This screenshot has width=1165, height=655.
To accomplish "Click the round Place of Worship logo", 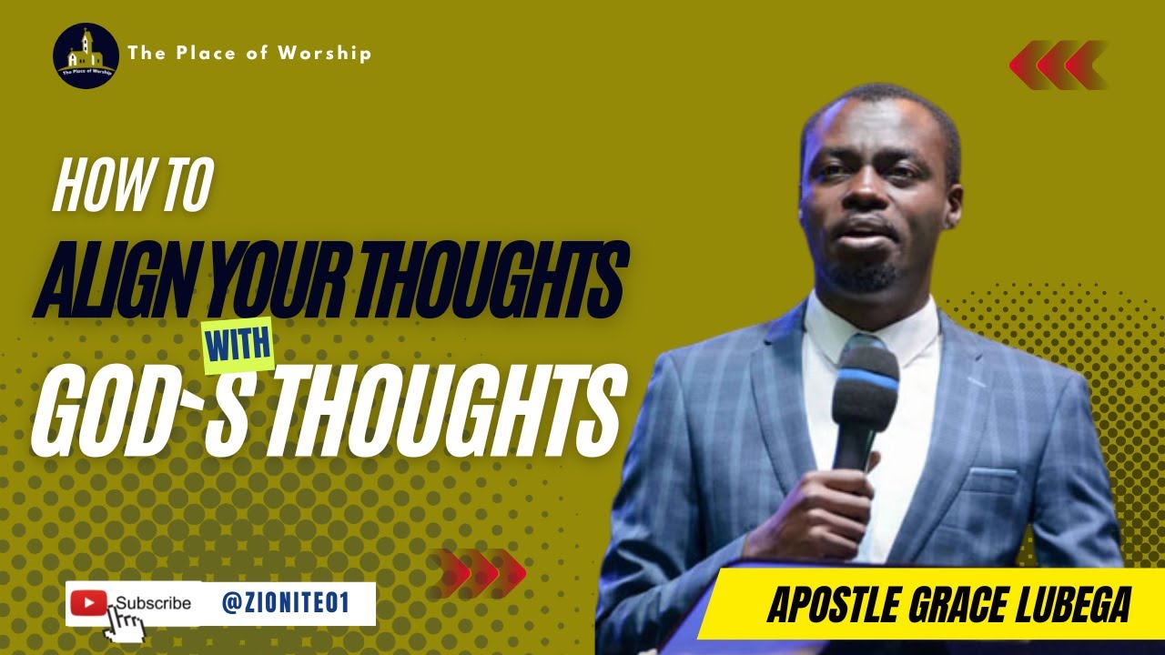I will tap(86, 55).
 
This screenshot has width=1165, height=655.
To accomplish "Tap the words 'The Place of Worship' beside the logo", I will tap(249, 54).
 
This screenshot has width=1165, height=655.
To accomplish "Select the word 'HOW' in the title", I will tap(90, 188).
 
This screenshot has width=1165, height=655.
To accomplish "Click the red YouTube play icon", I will tap(88, 602).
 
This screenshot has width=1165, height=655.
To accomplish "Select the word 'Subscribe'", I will tap(154, 603).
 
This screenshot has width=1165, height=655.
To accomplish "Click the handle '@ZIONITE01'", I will tap(285, 602).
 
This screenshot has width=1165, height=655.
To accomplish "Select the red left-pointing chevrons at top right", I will tap(1058, 65).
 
